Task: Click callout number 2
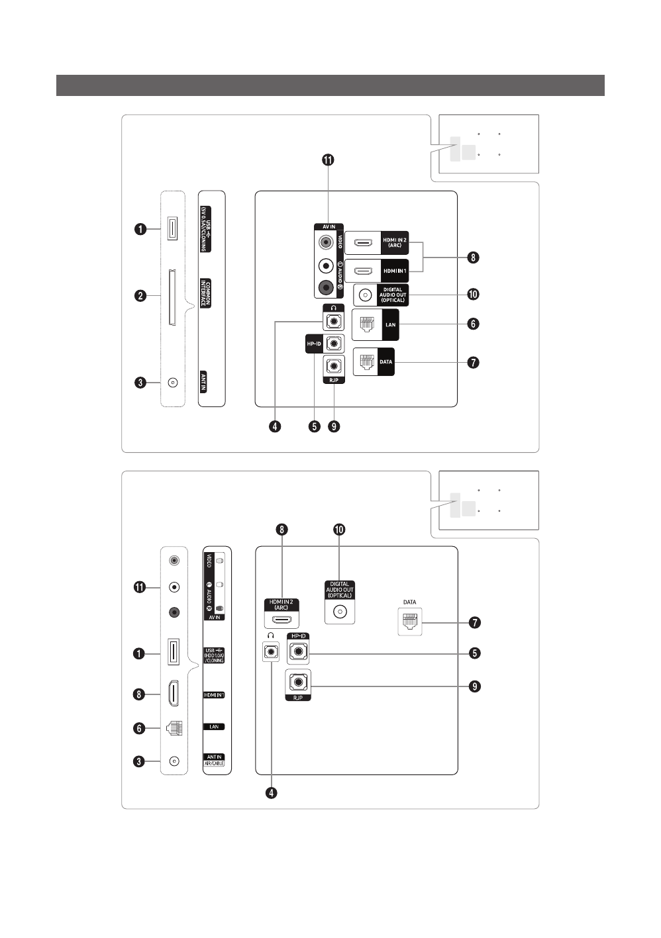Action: click(x=140, y=295)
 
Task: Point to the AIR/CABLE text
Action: click(x=214, y=763)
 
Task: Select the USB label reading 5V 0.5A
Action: click(x=206, y=228)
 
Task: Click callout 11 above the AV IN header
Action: click(x=328, y=160)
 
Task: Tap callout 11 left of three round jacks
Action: click(x=140, y=587)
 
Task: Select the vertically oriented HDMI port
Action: click(x=173, y=694)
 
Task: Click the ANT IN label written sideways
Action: click(x=204, y=382)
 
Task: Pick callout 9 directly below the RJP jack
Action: click(x=334, y=426)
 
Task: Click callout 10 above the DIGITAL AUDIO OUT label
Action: click(x=339, y=530)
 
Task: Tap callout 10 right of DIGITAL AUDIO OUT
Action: click(x=474, y=295)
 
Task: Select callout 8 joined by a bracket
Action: click(x=473, y=257)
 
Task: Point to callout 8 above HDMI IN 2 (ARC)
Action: click(x=282, y=530)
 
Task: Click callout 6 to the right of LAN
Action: click(x=473, y=324)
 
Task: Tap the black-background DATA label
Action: click(x=385, y=362)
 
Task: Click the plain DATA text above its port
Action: click(x=410, y=602)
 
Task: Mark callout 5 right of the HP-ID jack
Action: click(x=474, y=653)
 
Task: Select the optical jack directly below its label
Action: click(x=340, y=612)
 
